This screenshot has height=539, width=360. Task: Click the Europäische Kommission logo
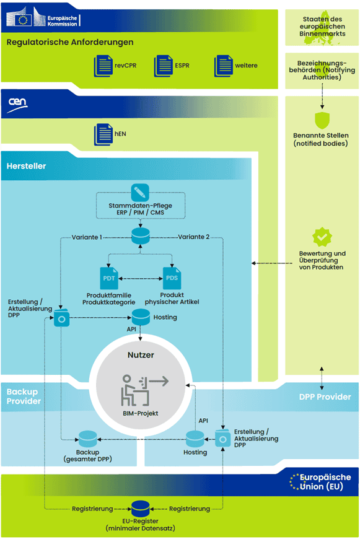(x=42, y=19)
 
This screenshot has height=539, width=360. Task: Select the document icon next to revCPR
(x=103, y=65)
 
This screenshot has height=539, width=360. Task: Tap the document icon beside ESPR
(x=163, y=65)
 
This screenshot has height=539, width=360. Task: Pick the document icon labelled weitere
(x=223, y=65)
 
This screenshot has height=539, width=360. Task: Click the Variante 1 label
(x=87, y=237)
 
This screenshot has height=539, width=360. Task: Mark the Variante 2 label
(x=194, y=237)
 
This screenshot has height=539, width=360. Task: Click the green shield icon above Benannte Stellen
(x=320, y=120)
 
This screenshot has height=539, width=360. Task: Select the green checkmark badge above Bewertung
(x=320, y=236)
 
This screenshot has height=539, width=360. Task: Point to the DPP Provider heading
(x=325, y=397)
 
